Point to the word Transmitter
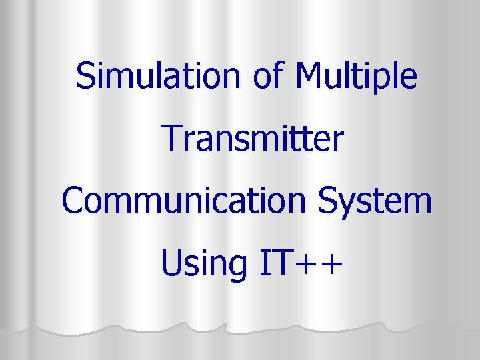click(x=253, y=139)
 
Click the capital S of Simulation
click(x=85, y=76)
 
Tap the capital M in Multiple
click(x=309, y=76)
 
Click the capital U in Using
click(x=171, y=264)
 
